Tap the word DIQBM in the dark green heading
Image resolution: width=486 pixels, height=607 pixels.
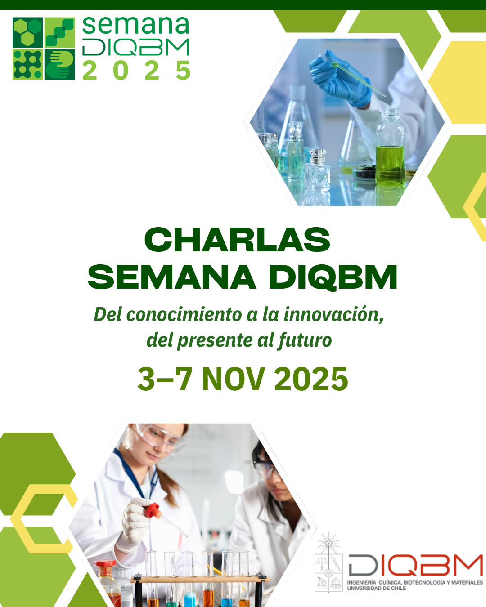(x=333, y=277)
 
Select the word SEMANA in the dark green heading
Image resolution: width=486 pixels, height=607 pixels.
(x=172, y=277)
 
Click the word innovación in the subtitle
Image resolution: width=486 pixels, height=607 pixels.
(x=333, y=314)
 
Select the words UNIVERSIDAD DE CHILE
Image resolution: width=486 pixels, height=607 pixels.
(x=377, y=589)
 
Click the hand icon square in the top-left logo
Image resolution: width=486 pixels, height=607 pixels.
(x=59, y=65)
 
